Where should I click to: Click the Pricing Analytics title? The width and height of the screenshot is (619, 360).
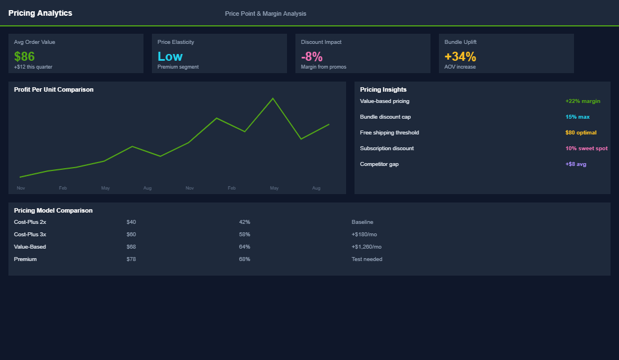pyautogui.click(x=40, y=13)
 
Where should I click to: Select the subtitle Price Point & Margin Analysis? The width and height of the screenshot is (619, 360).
pyautogui.click(x=266, y=13)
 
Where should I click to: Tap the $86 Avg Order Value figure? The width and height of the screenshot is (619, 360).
pyautogui.click(x=24, y=56)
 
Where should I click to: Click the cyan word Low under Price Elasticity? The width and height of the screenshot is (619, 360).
pyautogui.click(x=170, y=56)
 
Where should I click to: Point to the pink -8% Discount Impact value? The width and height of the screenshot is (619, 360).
pyautogui.click(x=312, y=56)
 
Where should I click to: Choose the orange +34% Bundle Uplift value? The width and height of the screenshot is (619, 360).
pyautogui.click(x=460, y=56)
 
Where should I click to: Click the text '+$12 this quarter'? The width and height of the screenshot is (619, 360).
pyautogui.click(x=33, y=67)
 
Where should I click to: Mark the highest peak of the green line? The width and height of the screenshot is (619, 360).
pyautogui.click(x=273, y=98)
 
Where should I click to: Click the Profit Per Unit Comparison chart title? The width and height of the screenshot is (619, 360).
pyautogui.click(x=53, y=89)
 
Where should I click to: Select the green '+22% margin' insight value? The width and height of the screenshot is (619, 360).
pyautogui.click(x=582, y=101)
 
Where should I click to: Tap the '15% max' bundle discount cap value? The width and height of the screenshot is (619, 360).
pyautogui.click(x=577, y=117)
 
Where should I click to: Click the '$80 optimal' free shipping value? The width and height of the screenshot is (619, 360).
pyautogui.click(x=581, y=133)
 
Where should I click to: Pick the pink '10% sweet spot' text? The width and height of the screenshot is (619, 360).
pyautogui.click(x=586, y=148)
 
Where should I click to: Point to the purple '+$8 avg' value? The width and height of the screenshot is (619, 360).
pyautogui.click(x=576, y=164)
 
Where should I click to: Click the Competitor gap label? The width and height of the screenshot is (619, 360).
pyautogui.click(x=379, y=164)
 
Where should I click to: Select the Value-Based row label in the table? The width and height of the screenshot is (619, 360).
pyautogui.click(x=30, y=247)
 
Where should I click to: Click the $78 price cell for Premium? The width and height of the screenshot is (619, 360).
pyautogui.click(x=131, y=259)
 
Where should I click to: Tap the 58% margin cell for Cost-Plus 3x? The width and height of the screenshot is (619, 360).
pyautogui.click(x=244, y=235)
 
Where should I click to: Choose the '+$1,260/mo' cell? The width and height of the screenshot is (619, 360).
pyautogui.click(x=366, y=247)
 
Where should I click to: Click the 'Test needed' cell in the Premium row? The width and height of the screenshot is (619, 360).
pyautogui.click(x=367, y=259)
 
